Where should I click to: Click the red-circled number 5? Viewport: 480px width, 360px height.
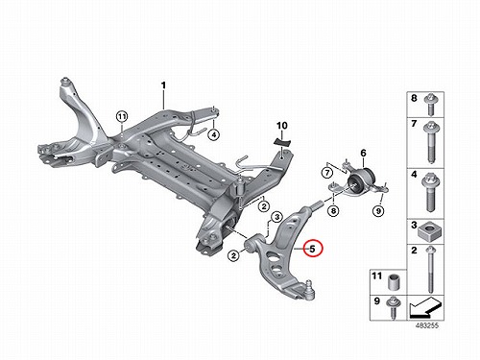pos(314,249)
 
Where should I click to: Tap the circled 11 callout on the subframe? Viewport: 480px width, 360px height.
pos(122,116)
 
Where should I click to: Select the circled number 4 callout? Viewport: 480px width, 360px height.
pos(213,134)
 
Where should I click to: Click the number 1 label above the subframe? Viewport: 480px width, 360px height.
pos(163,85)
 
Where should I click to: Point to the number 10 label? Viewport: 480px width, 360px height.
pos(282,126)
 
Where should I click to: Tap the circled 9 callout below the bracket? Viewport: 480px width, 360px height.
pos(378,211)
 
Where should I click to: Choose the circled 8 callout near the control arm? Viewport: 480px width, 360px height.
pos(333,211)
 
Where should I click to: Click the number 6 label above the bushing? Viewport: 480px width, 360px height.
pos(363,154)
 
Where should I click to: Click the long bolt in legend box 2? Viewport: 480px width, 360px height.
pos(430,270)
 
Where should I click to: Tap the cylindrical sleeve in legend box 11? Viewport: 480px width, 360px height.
pos(394,282)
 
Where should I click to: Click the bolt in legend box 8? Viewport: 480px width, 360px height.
pos(429,106)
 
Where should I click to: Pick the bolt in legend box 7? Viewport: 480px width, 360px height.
pos(429,142)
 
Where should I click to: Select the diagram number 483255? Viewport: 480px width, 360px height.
pos(427,325)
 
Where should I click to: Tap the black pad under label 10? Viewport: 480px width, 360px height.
pos(281,141)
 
